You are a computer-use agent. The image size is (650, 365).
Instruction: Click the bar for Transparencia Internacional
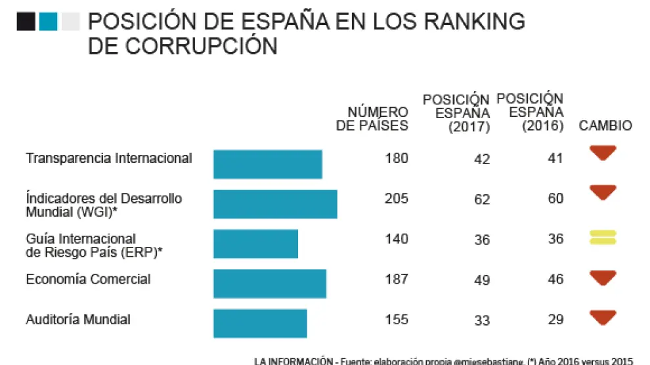click(x=267, y=164)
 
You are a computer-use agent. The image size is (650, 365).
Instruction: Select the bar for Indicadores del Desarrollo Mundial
click(x=275, y=204)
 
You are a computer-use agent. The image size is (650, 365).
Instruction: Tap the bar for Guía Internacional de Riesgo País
click(x=255, y=244)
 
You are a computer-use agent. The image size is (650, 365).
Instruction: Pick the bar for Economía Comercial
click(x=269, y=284)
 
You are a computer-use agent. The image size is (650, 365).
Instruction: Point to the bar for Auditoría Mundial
click(x=260, y=324)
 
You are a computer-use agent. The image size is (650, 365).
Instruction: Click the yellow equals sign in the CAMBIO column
click(x=603, y=237)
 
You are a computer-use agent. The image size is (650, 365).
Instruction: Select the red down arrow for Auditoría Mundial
click(x=603, y=318)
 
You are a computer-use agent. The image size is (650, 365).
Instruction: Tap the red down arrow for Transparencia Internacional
click(x=603, y=154)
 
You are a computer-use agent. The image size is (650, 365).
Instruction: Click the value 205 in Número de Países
click(x=397, y=198)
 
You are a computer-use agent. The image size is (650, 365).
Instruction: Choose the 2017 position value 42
click(x=482, y=159)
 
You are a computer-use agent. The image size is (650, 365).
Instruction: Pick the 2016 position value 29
click(x=555, y=319)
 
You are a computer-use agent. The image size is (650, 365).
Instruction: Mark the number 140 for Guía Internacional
click(x=397, y=239)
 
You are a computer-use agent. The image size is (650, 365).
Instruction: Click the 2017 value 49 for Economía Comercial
click(x=482, y=280)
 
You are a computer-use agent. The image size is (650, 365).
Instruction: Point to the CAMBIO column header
click(x=605, y=125)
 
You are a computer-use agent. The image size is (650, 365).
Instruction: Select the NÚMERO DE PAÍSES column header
click(x=372, y=119)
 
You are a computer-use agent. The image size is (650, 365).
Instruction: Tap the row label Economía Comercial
click(x=88, y=279)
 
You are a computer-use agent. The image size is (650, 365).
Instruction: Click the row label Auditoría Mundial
click(x=78, y=320)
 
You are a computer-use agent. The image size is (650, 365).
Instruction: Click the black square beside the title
click(x=26, y=22)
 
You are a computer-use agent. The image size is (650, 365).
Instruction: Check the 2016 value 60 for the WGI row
click(x=555, y=198)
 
